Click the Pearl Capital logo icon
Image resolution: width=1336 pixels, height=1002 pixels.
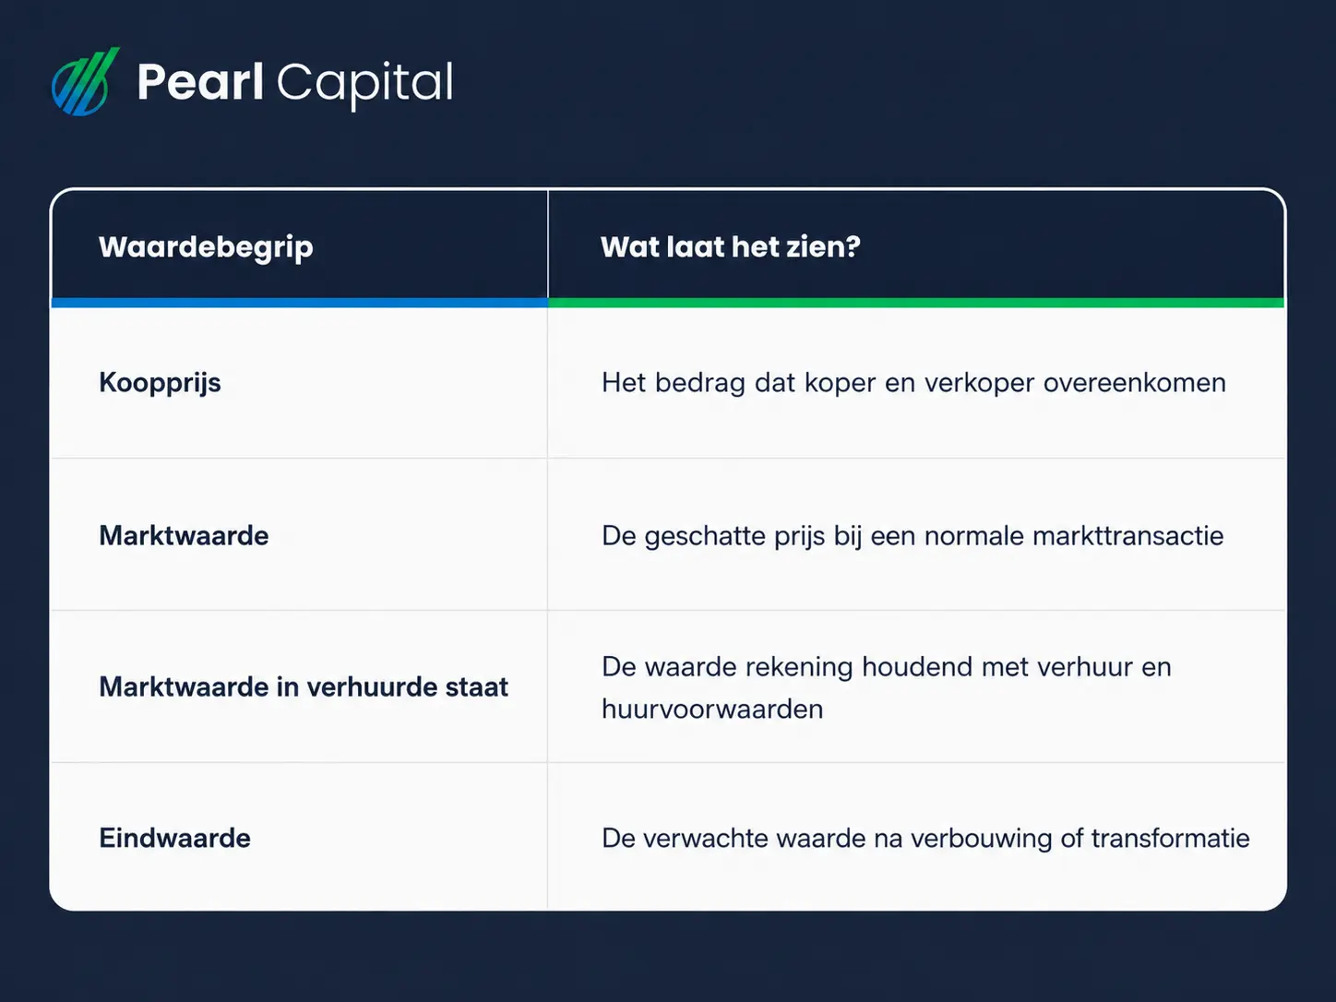pyautogui.click(x=85, y=81)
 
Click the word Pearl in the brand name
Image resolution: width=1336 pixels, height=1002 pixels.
pyautogui.click(x=200, y=81)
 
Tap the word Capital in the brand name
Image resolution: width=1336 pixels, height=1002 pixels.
pyautogui.click(x=365, y=86)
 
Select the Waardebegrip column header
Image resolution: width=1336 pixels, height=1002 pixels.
pyautogui.click(x=206, y=247)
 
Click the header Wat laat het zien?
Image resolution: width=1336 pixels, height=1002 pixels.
pyautogui.click(x=731, y=246)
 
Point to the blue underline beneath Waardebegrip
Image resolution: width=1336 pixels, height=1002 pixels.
pyautogui.click(x=300, y=303)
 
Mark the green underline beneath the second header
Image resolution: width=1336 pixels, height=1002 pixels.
pyautogui.click(x=916, y=303)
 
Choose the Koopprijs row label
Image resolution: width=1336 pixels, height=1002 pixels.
pyautogui.click(x=160, y=383)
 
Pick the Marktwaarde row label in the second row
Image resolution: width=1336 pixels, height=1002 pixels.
pyautogui.click(x=184, y=535)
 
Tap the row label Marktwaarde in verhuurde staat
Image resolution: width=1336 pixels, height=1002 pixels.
pyautogui.click(x=304, y=686)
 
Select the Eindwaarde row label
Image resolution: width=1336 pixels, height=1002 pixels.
pyautogui.click(x=174, y=838)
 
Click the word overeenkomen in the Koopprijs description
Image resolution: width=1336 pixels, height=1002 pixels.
pyautogui.click(x=1135, y=383)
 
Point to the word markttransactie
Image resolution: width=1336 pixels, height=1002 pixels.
pyautogui.click(x=1127, y=535)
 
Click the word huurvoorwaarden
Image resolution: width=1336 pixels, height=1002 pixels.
pyautogui.click(x=712, y=709)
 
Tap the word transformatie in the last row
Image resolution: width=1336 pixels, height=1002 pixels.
pyautogui.click(x=1170, y=838)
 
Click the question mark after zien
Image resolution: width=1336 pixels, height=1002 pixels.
pyautogui.click(x=853, y=246)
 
